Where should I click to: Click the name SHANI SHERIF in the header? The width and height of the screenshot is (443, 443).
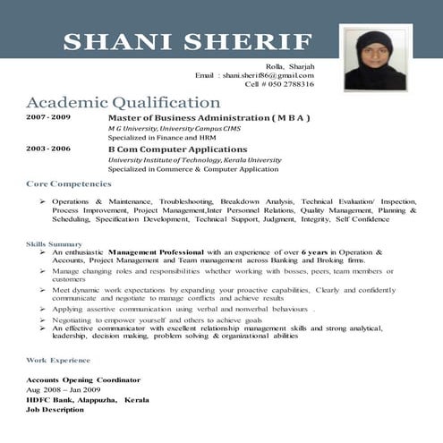[x=188, y=42]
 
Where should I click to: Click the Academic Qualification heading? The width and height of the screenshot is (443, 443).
[x=124, y=102]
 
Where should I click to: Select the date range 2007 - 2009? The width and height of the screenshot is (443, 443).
[x=48, y=118]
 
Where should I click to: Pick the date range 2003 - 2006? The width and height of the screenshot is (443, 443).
[x=48, y=149]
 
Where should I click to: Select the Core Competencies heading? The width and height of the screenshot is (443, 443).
[x=68, y=183]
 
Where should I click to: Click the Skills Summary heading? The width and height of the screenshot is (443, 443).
[x=54, y=244]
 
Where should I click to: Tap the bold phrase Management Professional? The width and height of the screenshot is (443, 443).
[x=157, y=252]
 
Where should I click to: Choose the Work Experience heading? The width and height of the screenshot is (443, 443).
[x=58, y=359]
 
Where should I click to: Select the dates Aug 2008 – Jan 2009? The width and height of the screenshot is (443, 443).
[x=62, y=390]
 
